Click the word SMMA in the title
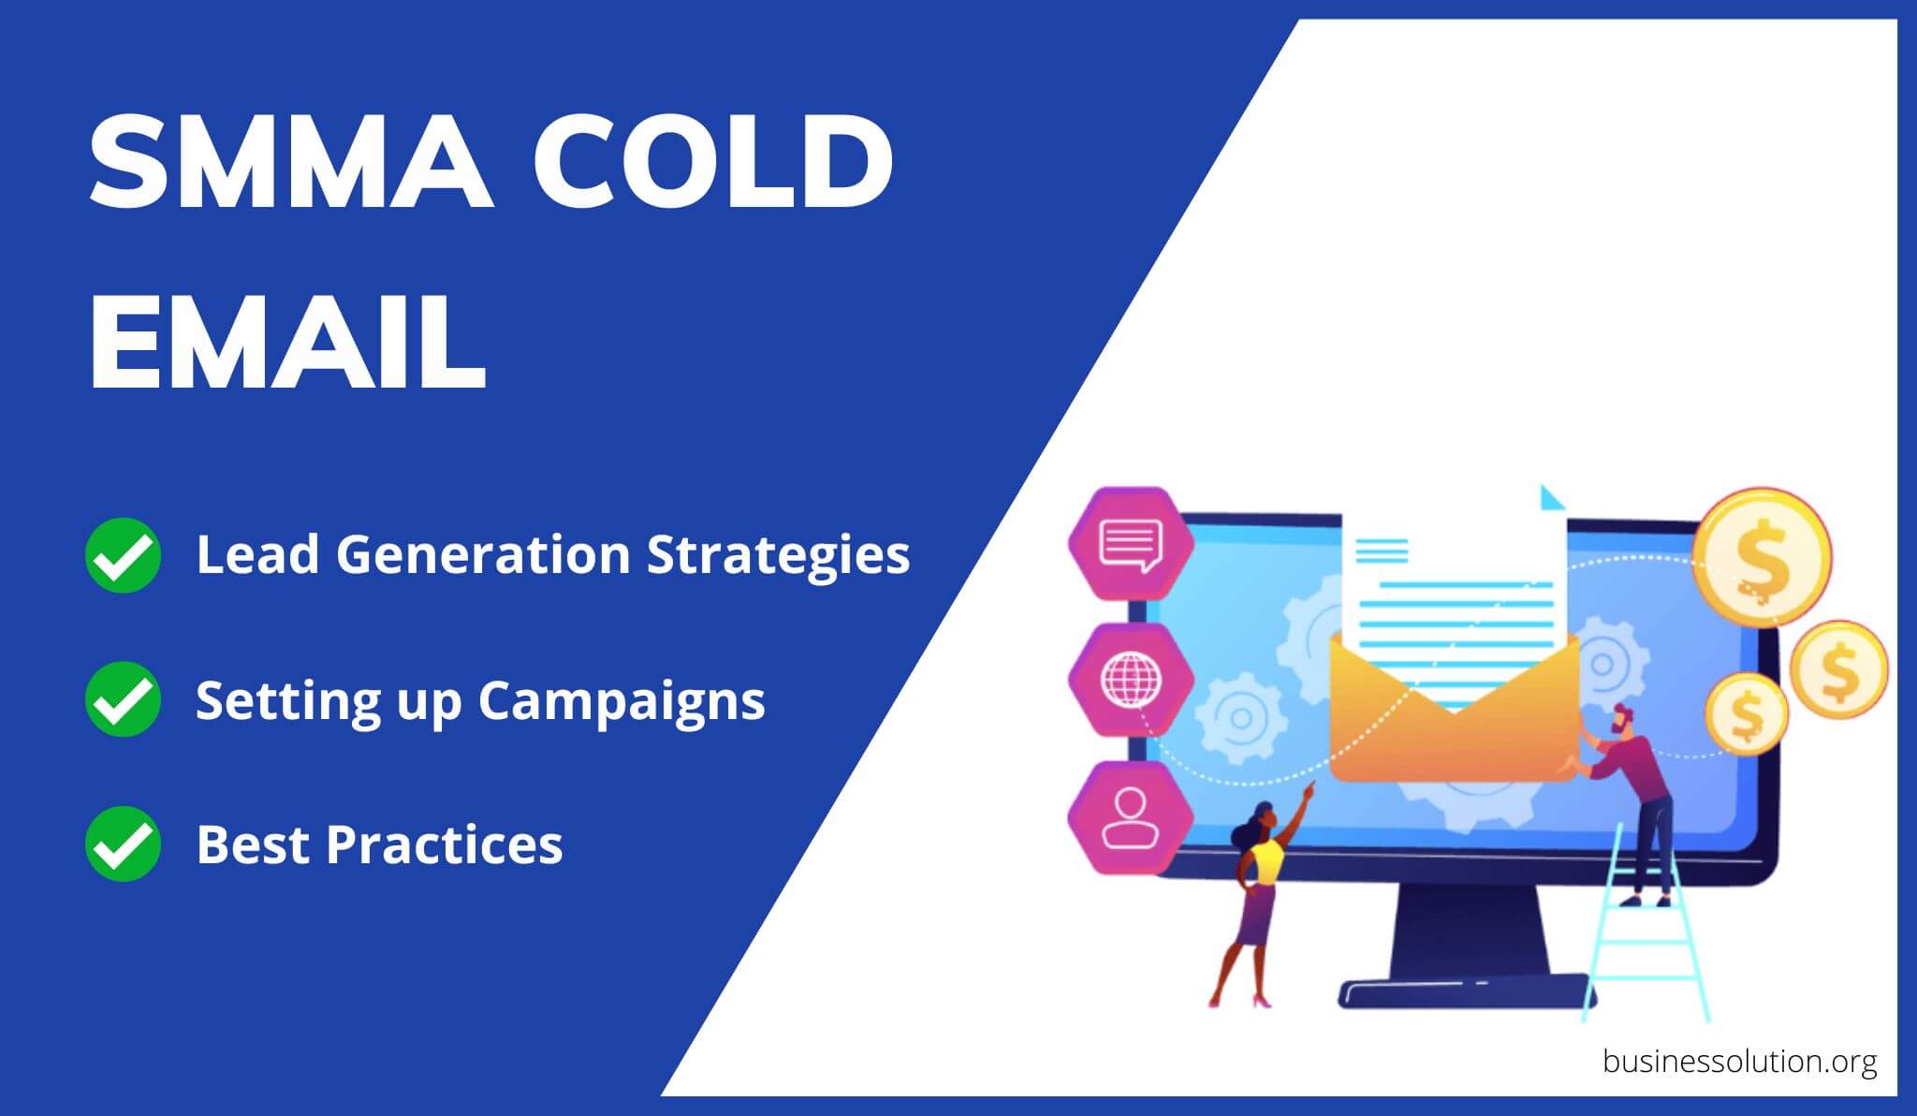291,162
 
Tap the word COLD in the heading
713,162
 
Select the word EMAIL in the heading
287,343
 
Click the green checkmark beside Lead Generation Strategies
123,554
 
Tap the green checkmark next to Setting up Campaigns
123,699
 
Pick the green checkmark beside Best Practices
123,844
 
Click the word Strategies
778,554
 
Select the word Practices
445,844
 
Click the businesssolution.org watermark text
1739,1062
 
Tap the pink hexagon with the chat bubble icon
1131,543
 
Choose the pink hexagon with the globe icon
1131,680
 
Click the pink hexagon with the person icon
1130,817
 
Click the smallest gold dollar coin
1746,713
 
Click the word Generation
483,554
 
